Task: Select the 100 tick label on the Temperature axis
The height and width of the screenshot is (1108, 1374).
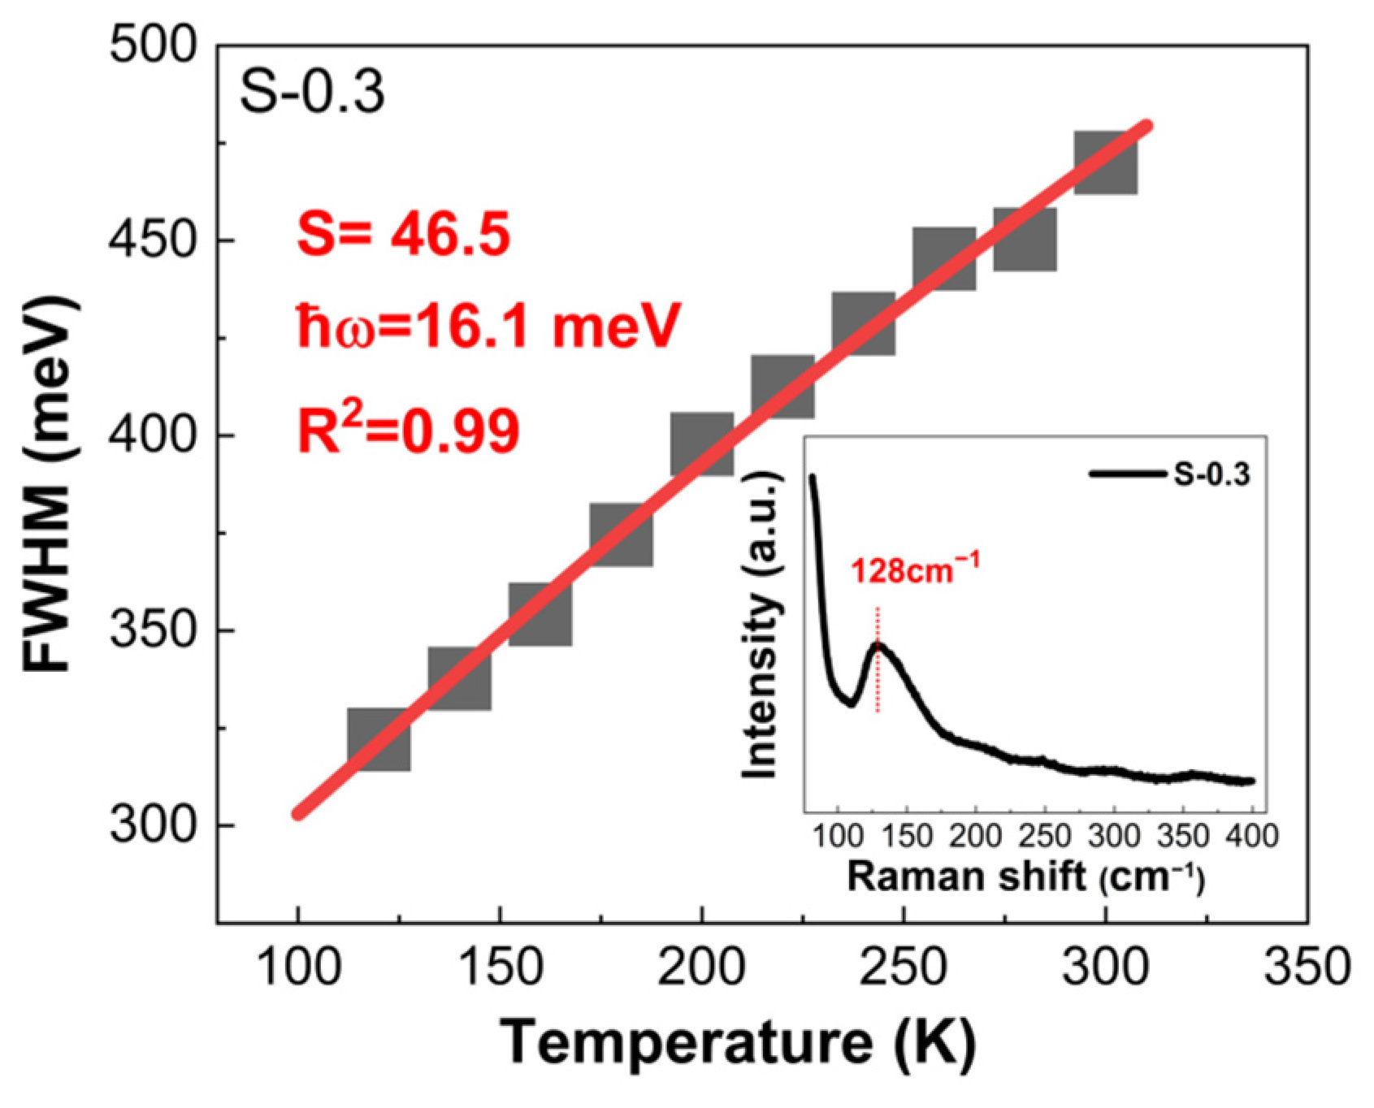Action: pyautogui.click(x=298, y=968)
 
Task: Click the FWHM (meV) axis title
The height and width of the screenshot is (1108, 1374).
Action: pyautogui.click(x=50, y=484)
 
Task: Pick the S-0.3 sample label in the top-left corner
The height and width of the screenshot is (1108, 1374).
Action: pyautogui.click(x=312, y=92)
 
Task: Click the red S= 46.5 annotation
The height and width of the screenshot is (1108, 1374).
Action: pyautogui.click(x=404, y=234)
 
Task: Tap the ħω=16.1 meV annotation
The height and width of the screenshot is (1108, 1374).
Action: pyautogui.click(x=488, y=327)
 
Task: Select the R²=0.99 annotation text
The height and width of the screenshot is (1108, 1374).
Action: pyautogui.click(x=408, y=431)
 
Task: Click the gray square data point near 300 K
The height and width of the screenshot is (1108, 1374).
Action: pyautogui.click(x=1106, y=162)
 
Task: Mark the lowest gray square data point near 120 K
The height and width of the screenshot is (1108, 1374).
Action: pyautogui.click(x=379, y=739)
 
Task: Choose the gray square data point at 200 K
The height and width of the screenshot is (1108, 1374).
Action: pyautogui.click(x=702, y=444)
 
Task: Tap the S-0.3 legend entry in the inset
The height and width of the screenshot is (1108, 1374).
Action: pyautogui.click(x=1170, y=474)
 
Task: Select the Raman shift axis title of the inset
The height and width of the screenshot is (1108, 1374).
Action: pyautogui.click(x=1025, y=877)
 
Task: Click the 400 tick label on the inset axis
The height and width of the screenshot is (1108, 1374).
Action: pyautogui.click(x=1251, y=835)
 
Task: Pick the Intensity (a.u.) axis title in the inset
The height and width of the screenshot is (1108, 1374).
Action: pyautogui.click(x=761, y=625)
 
